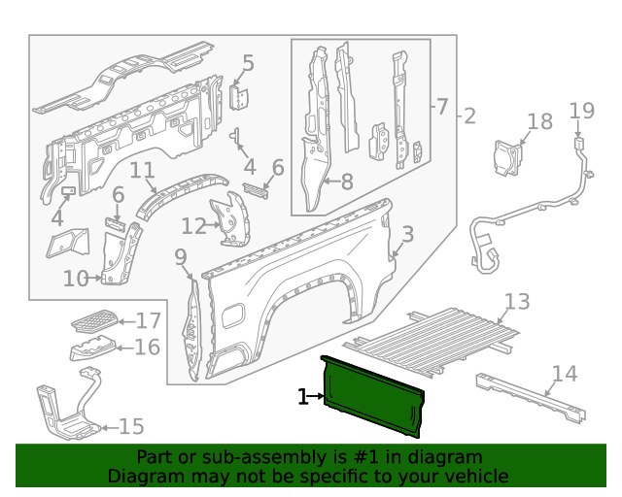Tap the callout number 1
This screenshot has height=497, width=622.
(x=302, y=396)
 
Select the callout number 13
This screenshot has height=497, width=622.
(x=517, y=301)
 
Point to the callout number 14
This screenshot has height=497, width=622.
(x=564, y=374)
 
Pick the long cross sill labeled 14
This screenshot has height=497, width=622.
(x=530, y=397)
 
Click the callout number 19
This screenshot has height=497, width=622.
(x=581, y=111)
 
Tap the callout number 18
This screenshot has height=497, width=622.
(x=539, y=121)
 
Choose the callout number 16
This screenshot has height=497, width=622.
(x=148, y=348)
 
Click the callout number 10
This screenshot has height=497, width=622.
(x=76, y=279)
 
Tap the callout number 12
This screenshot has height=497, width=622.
(x=193, y=226)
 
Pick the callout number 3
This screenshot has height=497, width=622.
(x=407, y=234)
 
